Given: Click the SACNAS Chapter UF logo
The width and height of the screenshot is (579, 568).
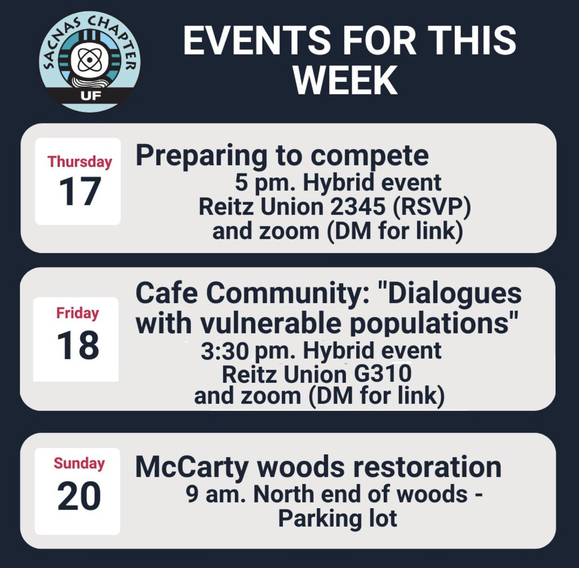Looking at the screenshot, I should (90, 63).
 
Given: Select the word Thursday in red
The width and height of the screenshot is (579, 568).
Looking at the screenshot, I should (80, 162).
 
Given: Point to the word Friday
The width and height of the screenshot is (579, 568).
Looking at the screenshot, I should (77, 313).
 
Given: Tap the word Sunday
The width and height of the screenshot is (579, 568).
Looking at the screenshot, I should (79, 463).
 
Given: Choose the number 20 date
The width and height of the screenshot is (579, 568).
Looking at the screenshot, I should (79, 497).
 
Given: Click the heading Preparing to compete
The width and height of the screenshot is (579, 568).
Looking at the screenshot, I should (282, 156).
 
